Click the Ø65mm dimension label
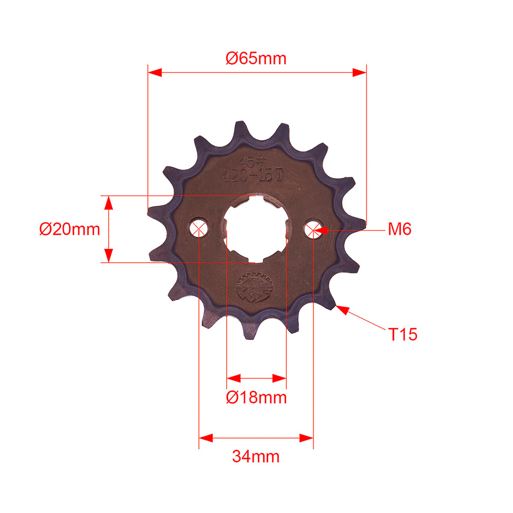256,58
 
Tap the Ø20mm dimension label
70,229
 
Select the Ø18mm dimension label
256,397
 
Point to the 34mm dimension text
255,456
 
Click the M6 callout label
399,229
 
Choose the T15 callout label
402,335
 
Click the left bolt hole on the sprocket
199,228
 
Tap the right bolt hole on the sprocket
312,230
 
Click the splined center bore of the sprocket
255,229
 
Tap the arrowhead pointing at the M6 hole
319,230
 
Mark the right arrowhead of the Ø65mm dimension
360,73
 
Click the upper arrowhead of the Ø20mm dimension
108,203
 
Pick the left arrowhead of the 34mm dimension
206,438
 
